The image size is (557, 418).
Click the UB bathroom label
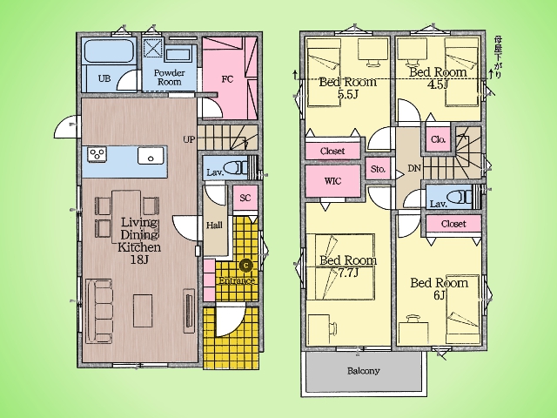pyautogui.click(x=104, y=78)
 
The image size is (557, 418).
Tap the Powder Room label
pyautogui.click(x=169, y=78)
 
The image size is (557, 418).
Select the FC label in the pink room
pyautogui.click(x=227, y=79)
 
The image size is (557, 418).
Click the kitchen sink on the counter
pyautogui.click(x=151, y=156)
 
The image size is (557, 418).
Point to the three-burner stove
pyautogui.click(x=97, y=155)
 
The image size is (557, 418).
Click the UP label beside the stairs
pyautogui.click(x=189, y=139)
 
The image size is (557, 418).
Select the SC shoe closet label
pyautogui.click(x=245, y=198)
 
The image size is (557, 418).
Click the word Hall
pyautogui.click(x=214, y=226)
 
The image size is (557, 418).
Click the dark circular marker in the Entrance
pyautogui.click(x=245, y=265)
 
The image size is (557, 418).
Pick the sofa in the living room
pyautogui.click(x=99, y=312)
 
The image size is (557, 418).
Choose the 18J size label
pyautogui.click(x=139, y=260)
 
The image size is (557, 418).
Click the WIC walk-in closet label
pyautogui.click(x=332, y=181)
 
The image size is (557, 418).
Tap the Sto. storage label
pyautogui.click(x=378, y=169)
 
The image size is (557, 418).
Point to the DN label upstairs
pyautogui.click(x=414, y=168)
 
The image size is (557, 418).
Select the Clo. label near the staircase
pyautogui.click(x=438, y=139)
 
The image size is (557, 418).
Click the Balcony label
pyautogui.click(x=364, y=371)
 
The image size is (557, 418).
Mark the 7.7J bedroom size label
pyautogui.click(x=347, y=273)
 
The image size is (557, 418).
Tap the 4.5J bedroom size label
pyautogui.click(x=438, y=84)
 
